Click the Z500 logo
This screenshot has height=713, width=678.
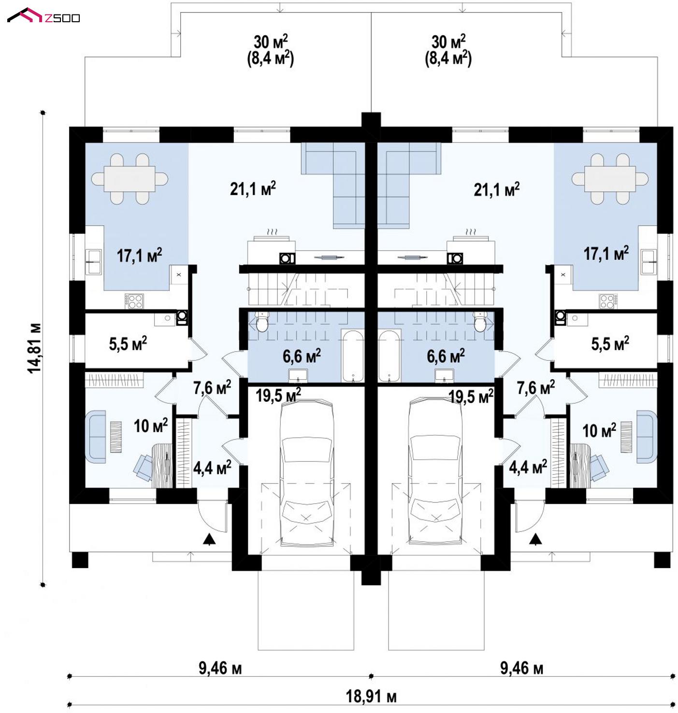[x=43, y=15]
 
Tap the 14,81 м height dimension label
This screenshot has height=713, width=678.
[x=34, y=348]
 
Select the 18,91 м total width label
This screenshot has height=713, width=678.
[x=371, y=696]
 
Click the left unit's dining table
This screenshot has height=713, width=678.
[x=130, y=178]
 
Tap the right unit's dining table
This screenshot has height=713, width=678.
[x=610, y=178]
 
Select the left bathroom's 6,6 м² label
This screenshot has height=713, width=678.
[x=302, y=356]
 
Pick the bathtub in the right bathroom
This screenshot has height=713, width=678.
[x=389, y=356]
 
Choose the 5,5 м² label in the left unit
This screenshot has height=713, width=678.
[x=128, y=343]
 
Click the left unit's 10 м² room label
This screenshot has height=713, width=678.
[x=151, y=426]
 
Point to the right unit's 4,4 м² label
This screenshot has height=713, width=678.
[x=528, y=468]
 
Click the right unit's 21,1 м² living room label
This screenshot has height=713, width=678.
[x=496, y=189]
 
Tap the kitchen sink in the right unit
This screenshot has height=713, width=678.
[x=648, y=261]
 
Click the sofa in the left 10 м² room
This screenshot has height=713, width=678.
[x=96, y=437]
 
